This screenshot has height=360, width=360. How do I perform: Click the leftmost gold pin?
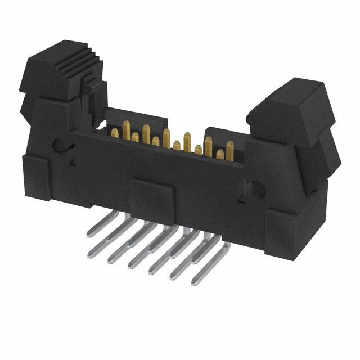(115, 133)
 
